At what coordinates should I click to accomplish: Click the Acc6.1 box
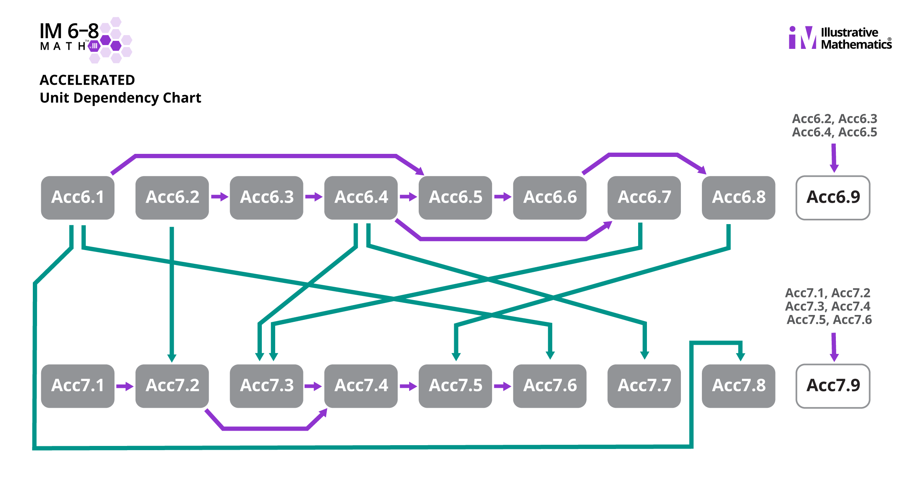pos(77,197)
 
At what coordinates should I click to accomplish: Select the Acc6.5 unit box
pos(455,197)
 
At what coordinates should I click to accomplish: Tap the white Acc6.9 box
pos(833,197)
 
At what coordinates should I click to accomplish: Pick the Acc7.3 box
pos(266,386)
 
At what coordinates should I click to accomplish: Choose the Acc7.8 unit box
pos(739,386)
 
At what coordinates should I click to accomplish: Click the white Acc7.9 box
pos(833,386)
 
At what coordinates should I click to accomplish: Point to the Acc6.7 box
pos(644,197)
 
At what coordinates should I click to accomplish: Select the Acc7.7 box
pos(644,386)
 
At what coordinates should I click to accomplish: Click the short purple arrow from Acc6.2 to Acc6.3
pos(219,197)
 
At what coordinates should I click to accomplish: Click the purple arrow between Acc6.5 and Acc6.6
pos(503,197)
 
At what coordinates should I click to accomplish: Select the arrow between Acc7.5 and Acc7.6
pos(502,387)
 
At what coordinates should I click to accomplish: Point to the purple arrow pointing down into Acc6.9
pos(834,158)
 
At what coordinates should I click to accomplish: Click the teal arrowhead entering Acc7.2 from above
pos(172,358)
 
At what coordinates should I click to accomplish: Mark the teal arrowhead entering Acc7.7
pos(645,355)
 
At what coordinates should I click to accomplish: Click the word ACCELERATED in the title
pos(87,80)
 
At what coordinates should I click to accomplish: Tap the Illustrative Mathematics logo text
pos(856,38)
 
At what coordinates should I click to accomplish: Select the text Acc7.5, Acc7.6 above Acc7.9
pos(829,320)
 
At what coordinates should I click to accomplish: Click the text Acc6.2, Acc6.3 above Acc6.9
pos(834,119)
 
